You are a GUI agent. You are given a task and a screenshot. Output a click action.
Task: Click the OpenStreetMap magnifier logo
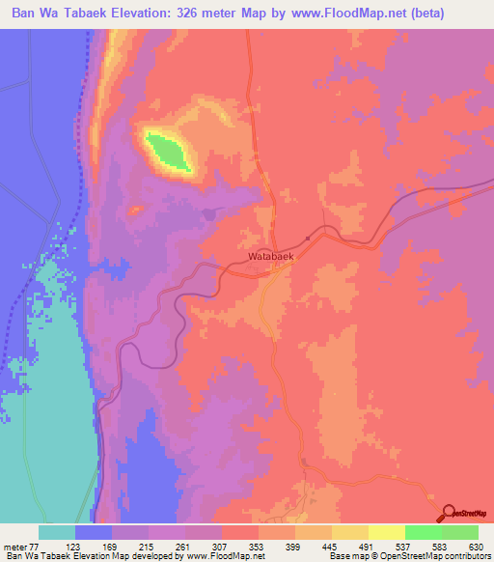pos(448,513)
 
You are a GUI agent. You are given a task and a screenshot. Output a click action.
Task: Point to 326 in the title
pos(202,13)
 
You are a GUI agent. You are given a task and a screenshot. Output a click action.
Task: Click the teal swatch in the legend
pos(57,533)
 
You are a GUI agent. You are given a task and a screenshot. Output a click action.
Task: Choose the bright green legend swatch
pos(424,533)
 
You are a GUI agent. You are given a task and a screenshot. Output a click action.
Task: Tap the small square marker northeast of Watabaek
pos(308,238)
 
